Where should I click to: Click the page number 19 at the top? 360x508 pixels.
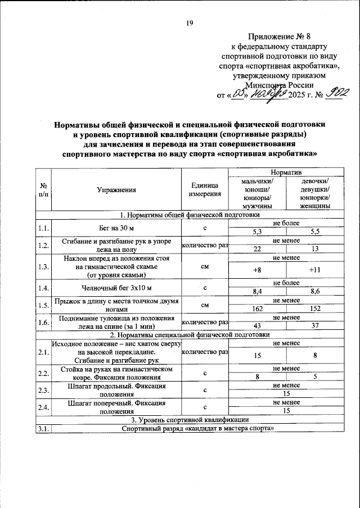pos(190,23)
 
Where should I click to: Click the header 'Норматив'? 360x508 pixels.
pos(286,171)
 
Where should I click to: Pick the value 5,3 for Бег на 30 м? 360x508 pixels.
pos(256,231)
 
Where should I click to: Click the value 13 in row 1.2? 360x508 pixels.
pos(315,249)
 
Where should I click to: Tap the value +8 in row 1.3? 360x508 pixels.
pos(256,270)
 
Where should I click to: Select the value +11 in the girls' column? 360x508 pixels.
pos(315,270)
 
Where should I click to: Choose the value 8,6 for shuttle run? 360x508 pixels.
pos(315,292)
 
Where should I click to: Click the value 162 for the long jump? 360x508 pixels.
pos(256,309)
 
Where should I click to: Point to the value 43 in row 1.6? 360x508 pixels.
pos(256,326)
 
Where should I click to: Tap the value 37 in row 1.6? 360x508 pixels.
pos(315,326)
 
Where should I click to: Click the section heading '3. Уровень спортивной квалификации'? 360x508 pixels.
pos(191,420)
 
